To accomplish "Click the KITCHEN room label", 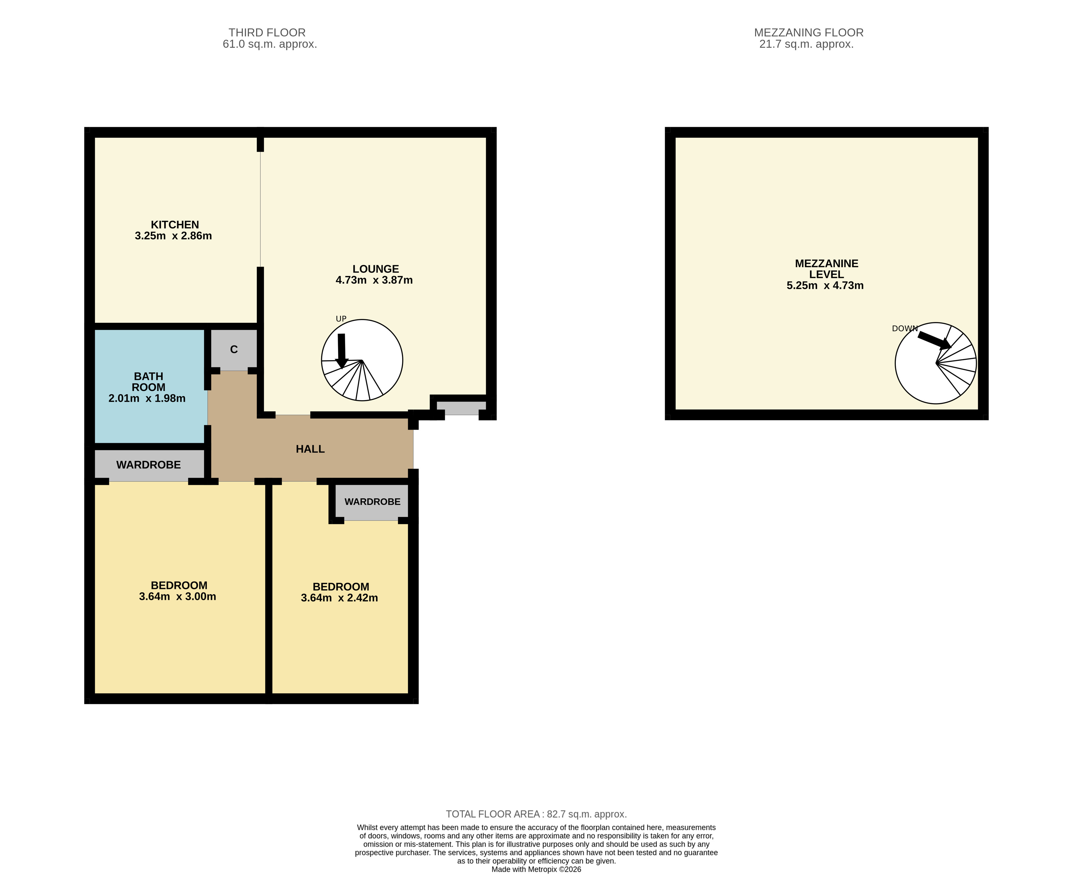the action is point(175,225).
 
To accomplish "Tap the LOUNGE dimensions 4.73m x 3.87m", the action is point(374,280).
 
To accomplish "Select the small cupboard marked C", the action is point(234,349).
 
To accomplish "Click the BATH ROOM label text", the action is point(148,381).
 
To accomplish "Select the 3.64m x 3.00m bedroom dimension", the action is point(178,597).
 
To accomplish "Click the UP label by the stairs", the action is point(341,319).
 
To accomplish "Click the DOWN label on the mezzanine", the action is point(905,328).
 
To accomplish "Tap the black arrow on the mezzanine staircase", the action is point(934,340).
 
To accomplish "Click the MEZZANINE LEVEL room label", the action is point(826,269).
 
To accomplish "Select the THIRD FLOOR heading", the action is point(267,33).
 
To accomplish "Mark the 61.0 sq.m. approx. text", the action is point(270,44).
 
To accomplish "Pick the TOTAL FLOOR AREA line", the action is point(536,814).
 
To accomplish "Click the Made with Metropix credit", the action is point(536,869).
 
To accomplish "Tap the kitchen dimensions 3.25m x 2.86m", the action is point(173,236).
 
